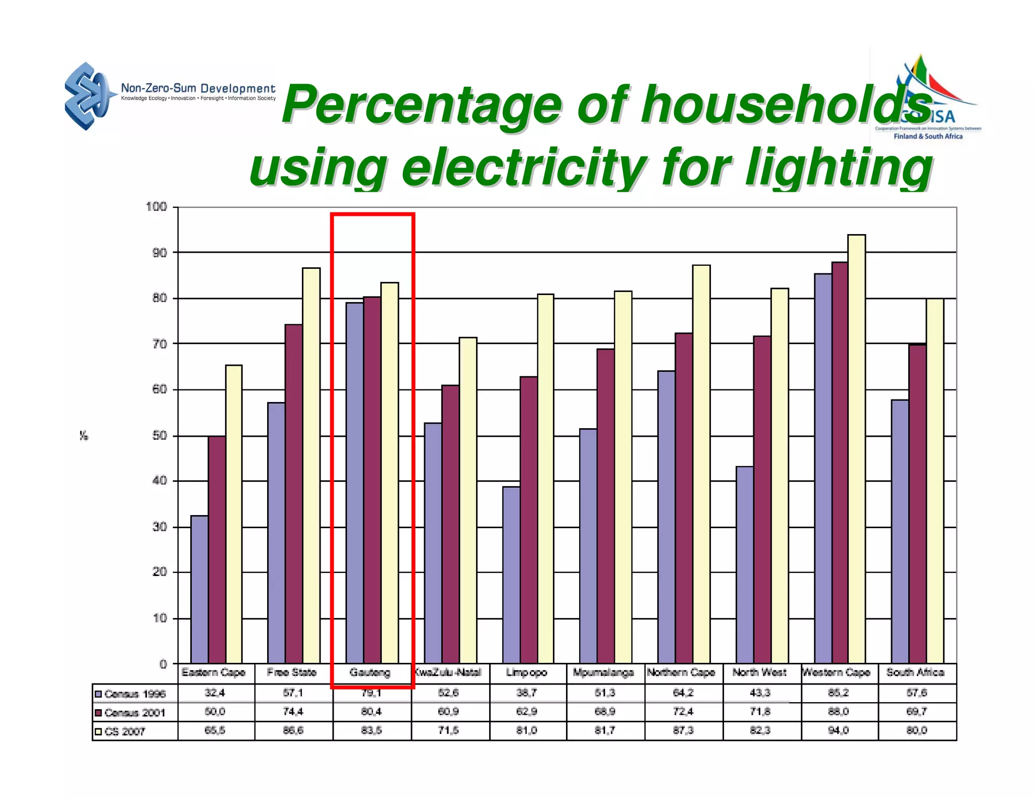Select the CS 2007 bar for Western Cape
pyautogui.click(x=856, y=449)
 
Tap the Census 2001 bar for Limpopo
pyautogui.click(x=529, y=520)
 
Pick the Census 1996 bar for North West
pyautogui.click(x=745, y=565)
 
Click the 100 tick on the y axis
pyautogui.click(x=157, y=207)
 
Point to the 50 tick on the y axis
pyautogui.click(x=160, y=436)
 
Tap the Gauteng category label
pyautogui.click(x=370, y=672)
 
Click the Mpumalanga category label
pyautogui.click(x=603, y=672)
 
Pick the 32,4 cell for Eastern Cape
pyautogui.click(x=215, y=693)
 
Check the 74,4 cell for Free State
pyautogui.click(x=293, y=712)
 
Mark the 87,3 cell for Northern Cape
pyautogui.click(x=683, y=730)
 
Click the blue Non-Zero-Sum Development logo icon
pyautogui.click(x=86, y=96)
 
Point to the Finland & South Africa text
pyautogui.click(x=928, y=136)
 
